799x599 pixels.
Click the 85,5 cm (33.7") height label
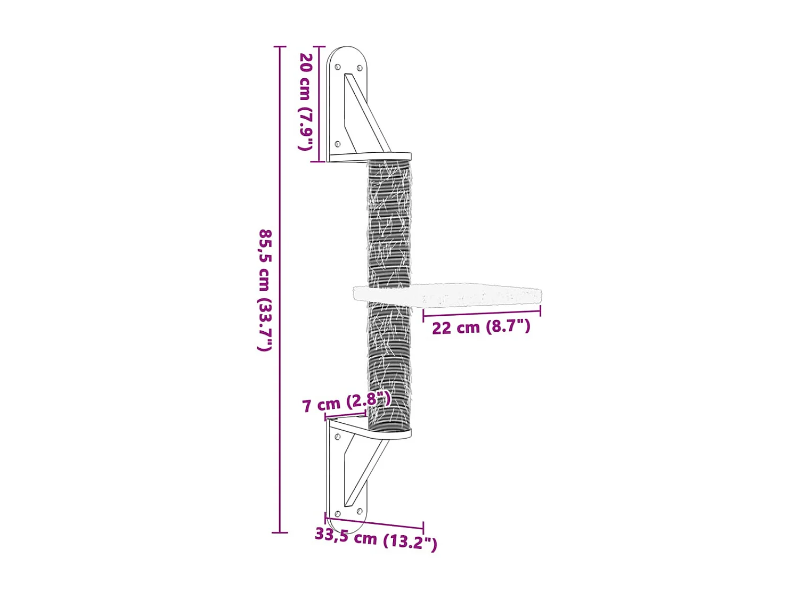point(265,290)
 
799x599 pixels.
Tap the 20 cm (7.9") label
point(305,101)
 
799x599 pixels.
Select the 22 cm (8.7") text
point(481,327)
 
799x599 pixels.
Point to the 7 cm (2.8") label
point(346,403)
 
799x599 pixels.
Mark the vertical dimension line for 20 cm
point(319,104)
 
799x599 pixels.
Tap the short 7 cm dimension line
point(346,415)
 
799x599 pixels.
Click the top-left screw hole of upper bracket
point(337,67)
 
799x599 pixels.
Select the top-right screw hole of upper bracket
point(360,68)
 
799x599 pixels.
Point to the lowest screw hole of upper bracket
point(337,144)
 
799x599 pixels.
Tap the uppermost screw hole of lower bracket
point(337,437)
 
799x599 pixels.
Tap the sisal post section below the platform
point(389,362)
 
